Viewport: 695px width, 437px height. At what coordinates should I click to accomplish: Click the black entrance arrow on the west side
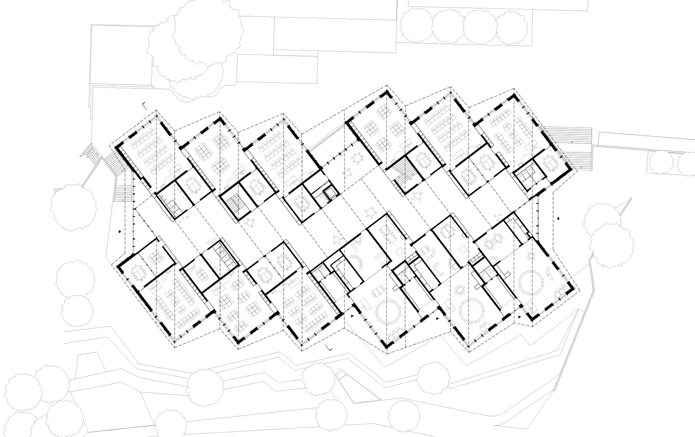[121, 231]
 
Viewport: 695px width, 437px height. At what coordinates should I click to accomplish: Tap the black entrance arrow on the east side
[559, 218]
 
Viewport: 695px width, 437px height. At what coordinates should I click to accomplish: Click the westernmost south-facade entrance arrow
[353, 316]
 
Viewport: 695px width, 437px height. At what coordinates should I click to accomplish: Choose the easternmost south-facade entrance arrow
[520, 317]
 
